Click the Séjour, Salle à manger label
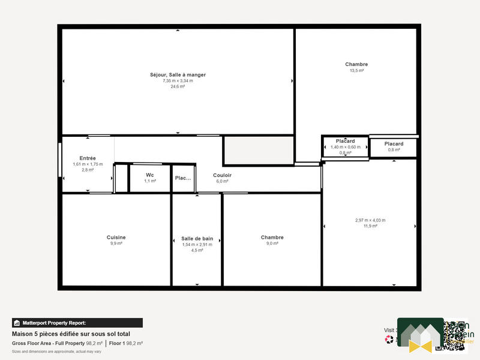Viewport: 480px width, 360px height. click(178, 75)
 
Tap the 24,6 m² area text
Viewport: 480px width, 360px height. click(178, 86)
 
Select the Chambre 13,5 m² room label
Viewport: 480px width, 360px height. click(356, 64)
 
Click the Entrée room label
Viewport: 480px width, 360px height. click(88, 158)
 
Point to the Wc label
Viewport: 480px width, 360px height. click(150, 175)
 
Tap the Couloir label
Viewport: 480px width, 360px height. click(222, 175)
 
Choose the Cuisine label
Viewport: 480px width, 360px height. click(116, 238)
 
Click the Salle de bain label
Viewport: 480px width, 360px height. click(197, 238)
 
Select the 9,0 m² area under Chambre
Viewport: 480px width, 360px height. click(272, 244)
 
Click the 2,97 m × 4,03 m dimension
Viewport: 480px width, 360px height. click(370, 220)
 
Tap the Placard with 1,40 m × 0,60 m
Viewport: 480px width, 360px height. click(345, 142)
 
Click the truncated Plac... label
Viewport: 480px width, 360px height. click(183, 178)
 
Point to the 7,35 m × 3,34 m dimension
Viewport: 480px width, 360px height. click(178, 81)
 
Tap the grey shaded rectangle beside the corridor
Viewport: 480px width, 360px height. click(259, 150)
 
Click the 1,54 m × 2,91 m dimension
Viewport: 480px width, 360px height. click(197, 244)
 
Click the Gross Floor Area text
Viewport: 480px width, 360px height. click(47, 343)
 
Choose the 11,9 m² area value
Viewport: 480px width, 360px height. click(370, 226)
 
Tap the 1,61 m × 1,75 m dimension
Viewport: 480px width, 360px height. click(88, 164)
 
